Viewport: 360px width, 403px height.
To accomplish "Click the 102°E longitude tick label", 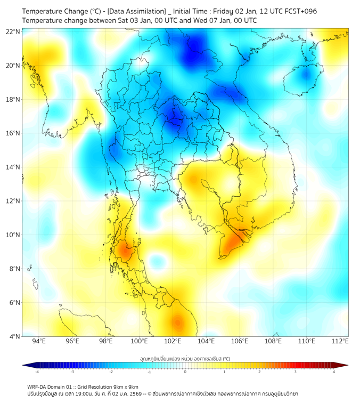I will point(173,341).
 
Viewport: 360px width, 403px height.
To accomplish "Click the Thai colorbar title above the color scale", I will point(185,359).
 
